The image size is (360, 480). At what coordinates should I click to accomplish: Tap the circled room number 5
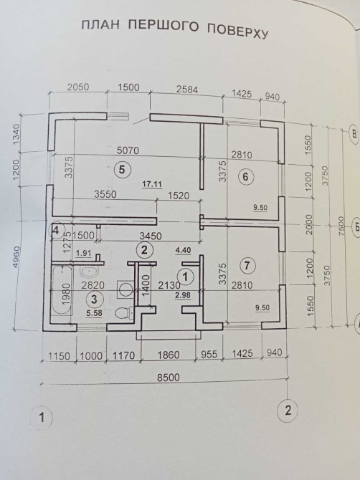coord(122,169)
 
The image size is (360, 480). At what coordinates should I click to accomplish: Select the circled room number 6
coord(246,177)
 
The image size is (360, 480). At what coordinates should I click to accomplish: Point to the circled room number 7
coord(248,265)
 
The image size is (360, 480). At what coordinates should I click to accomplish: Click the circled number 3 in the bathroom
coord(94,299)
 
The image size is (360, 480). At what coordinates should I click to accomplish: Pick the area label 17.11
coord(152,184)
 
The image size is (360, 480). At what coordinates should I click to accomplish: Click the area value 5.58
coord(94,313)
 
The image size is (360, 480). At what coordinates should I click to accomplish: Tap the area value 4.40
coord(183,251)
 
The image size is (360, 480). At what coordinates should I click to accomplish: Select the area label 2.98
coord(183,295)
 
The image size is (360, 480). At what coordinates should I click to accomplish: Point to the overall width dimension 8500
coord(169,378)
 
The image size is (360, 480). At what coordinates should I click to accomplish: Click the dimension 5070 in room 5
coord(128,150)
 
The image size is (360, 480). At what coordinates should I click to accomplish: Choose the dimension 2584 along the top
coord(187,90)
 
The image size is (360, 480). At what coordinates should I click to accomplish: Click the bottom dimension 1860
coord(169,355)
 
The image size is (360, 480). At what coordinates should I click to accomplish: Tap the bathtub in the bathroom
coord(62,291)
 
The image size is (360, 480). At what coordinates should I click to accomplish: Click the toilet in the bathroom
coord(125,312)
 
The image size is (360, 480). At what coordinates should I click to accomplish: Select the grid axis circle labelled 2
coord(288,411)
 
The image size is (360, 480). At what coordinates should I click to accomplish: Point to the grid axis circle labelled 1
coord(42,417)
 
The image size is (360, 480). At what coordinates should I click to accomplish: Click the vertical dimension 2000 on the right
coord(309,224)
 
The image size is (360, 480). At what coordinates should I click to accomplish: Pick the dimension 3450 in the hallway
coord(150,236)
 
